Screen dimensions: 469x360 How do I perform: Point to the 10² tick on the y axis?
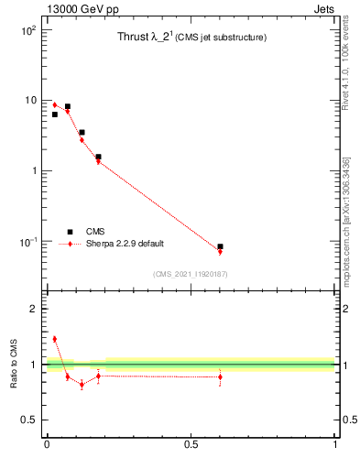pyautogui.click(x=28, y=30)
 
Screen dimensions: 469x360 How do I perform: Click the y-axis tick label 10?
pyautogui.click(x=30, y=101)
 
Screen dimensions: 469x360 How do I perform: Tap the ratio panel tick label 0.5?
pyautogui.click(x=29, y=420)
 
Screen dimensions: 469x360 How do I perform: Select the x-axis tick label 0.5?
pyautogui.click(x=191, y=446)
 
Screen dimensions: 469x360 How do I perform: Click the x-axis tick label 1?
pyautogui.click(x=335, y=446)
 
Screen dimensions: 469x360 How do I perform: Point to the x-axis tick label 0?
pyautogui.click(x=47, y=446)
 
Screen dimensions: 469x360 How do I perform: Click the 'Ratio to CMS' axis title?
pyautogui.click(x=14, y=365)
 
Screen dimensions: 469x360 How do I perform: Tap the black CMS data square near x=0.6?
pyautogui.click(x=220, y=247)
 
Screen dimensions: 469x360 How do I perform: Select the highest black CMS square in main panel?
pyautogui.click(x=67, y=107)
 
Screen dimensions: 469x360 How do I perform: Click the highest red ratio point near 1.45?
pyautogui.click(x=54, y=339)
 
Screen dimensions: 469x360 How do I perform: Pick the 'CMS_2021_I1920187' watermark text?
pyautogui.click(x=190, y=274)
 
